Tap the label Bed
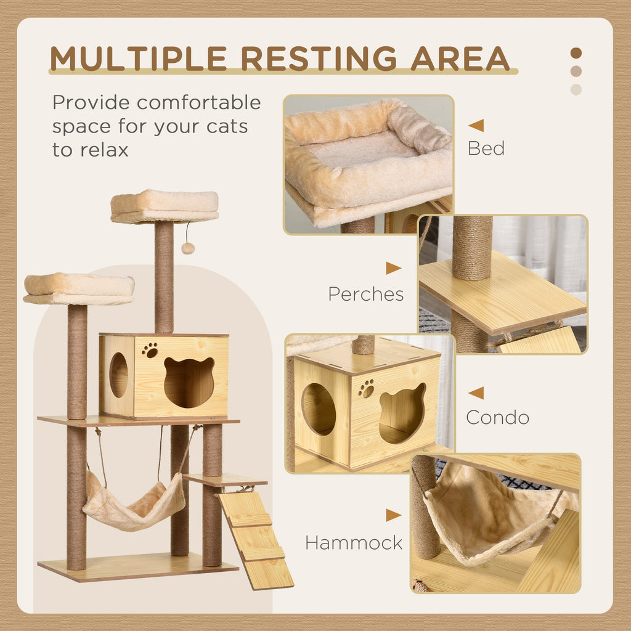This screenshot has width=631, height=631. (486, 149)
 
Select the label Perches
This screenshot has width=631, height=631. (365, 295)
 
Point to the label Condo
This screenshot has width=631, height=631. (497, 418)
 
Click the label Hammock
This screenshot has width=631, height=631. (354, 543)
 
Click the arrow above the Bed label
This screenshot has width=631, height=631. (476, 126)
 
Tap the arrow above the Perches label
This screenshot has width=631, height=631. (393, 268)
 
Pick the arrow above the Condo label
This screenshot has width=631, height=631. (476, 393)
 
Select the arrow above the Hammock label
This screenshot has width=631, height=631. (393, 515)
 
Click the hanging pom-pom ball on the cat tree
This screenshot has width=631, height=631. (188, 248)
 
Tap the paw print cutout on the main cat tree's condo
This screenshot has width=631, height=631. (150, 350)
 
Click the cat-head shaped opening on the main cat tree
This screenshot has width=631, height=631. (189, 382)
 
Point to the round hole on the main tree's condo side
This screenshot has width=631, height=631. (118, 375)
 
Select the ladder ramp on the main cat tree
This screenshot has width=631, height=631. (255, 538)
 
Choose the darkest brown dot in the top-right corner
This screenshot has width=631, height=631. (576, 53)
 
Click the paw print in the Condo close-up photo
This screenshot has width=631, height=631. (366, 388)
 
